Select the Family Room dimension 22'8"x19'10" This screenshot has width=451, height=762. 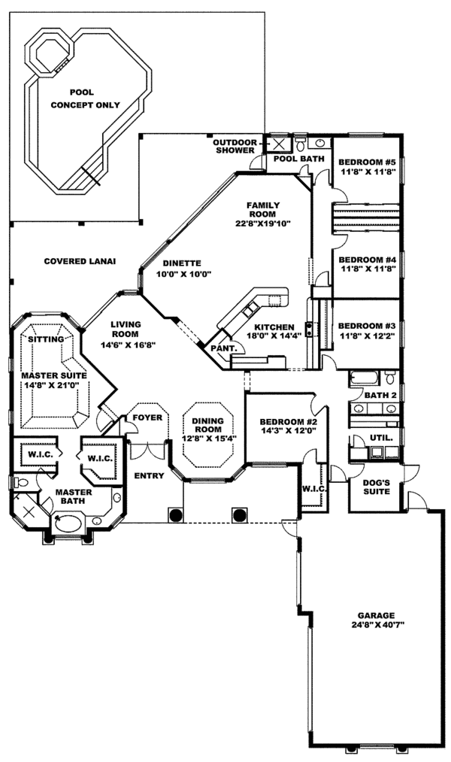(263, 223)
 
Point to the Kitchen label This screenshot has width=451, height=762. (272, 327)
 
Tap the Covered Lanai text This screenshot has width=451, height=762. (79, 261)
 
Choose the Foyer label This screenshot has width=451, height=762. (147, 417)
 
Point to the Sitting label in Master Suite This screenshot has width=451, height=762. (45, 339)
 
